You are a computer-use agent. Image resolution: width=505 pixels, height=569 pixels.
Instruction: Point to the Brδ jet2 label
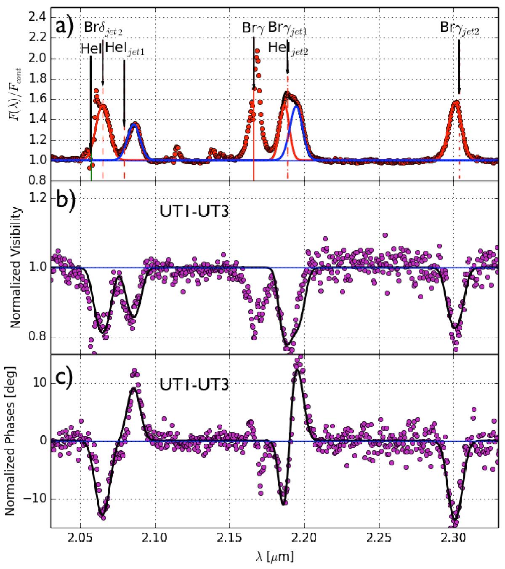[104, 28]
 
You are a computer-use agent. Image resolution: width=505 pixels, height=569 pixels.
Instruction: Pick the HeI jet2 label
[288, 49]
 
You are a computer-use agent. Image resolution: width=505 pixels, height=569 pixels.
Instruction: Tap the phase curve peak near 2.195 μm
[298, 369]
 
